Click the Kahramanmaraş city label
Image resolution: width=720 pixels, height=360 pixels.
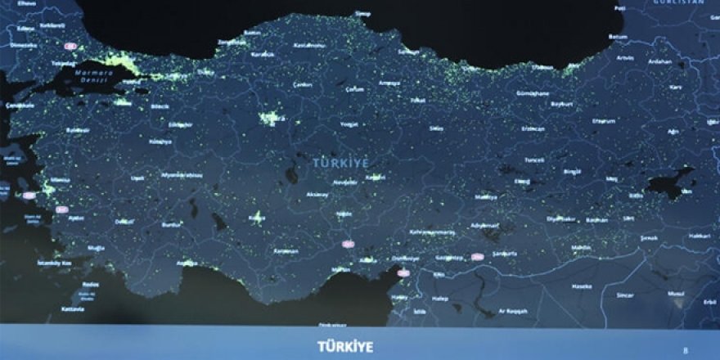430,232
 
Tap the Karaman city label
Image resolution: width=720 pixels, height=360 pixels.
286,250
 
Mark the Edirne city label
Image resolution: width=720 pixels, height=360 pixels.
25,28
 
